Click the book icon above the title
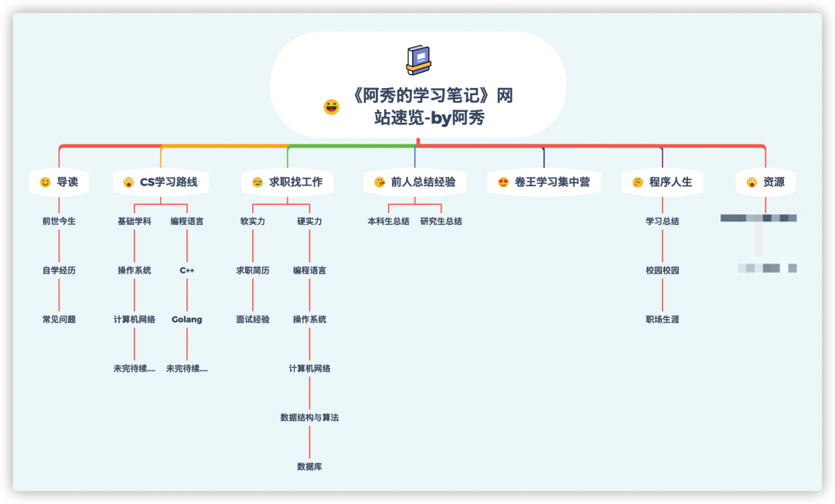(x=418, y=60)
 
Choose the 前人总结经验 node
(x=423, y=182)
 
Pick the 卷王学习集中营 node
(x=552, y=182)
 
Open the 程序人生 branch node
(x=670, y=182)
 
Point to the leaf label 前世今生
(x=59, y=221)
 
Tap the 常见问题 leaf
(x=59, y=319)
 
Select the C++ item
(x=187, y=271)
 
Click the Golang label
(x=187, y=319)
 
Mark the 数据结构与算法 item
(x=309, y=417)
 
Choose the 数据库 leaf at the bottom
(x=309, y=467)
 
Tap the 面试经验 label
(x=253, y=319)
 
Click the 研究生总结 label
(x=441, y=221)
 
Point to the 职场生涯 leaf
(x=663, y=319)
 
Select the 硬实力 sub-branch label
(x=309, y=221)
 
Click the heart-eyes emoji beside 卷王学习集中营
(x=503, y=182)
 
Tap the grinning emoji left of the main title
(x=332, y=107)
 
